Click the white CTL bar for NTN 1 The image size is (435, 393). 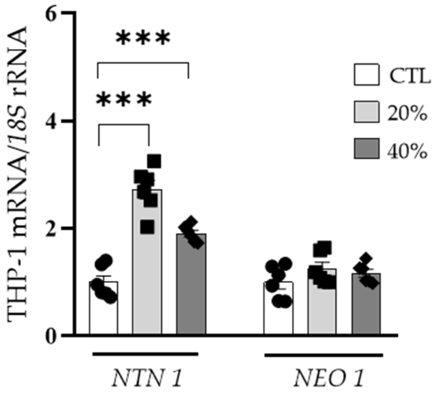click(104, 313)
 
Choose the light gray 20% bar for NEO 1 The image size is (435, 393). click(322, 309)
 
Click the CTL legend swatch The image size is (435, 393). click(366, 75)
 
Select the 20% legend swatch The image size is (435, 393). click(366, 112)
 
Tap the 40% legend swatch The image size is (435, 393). click(366, 148)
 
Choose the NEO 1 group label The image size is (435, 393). click(328, 379)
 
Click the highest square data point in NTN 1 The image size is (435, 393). click(154, 161)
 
